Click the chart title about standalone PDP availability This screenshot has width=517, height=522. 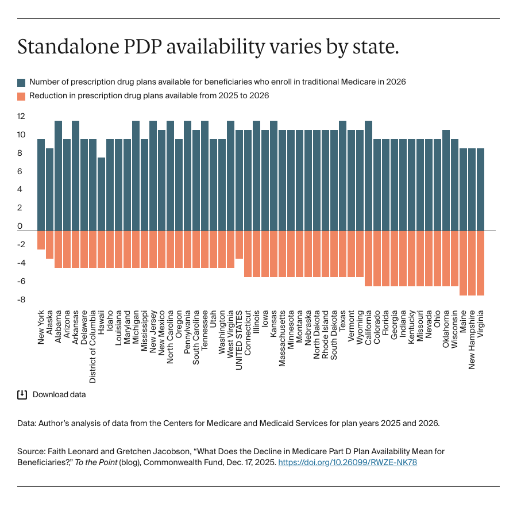[x=208, y=47]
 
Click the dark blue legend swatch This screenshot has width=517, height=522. [x=22, y=82]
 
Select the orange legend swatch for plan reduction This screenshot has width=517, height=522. [x=22, y=96]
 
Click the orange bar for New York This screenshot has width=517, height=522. [x=41, y=240]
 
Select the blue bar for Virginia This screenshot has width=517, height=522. [x=480, y=189]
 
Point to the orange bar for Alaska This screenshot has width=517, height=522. [x=49, y=244]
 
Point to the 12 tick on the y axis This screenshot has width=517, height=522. [x=21, y=116]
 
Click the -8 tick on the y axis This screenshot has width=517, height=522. [x=21, y=300]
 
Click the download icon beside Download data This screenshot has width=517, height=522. [x=22, y=394]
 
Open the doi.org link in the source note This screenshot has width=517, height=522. [x=347, y=462]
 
